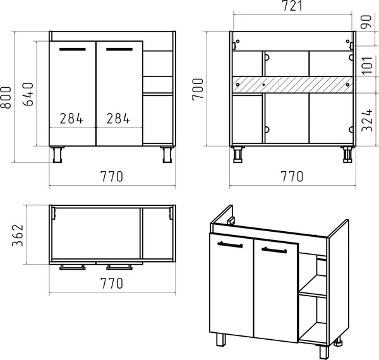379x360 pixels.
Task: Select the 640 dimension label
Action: (28, 94)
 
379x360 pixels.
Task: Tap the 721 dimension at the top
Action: (292, 6)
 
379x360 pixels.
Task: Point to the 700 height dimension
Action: (198, 89)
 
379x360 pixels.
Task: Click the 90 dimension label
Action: (366, 21)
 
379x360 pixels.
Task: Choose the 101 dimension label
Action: (368, 65)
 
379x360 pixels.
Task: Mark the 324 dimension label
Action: (367, 120)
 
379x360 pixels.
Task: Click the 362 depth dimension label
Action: (18, 236)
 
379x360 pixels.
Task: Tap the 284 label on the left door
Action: (71, 118)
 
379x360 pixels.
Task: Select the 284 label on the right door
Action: (118, 118)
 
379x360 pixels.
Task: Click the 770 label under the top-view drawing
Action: (112, 283)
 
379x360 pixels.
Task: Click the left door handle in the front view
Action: (73, 49)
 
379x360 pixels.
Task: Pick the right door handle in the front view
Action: (119, 49)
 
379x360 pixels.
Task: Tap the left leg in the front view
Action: (57, 154)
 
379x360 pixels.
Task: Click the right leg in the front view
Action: (167, 154)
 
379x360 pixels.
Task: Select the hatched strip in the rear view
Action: (292, 85)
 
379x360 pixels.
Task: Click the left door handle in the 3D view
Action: (230, 244)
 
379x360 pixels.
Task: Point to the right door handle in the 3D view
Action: (274, 250)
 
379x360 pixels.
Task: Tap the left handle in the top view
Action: (73, 267)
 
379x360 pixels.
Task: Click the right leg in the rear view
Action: (347, 154)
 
